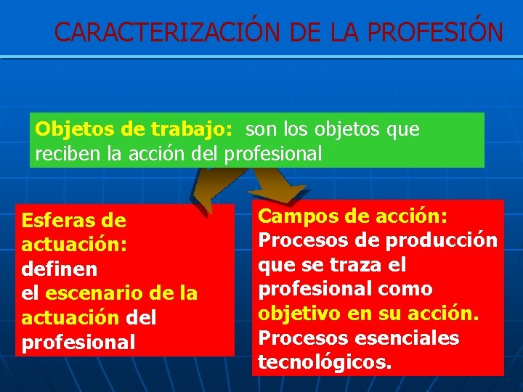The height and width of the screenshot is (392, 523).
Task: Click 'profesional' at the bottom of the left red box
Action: pos(78,342)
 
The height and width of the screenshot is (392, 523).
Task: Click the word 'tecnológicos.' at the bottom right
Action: pos(325,362)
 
